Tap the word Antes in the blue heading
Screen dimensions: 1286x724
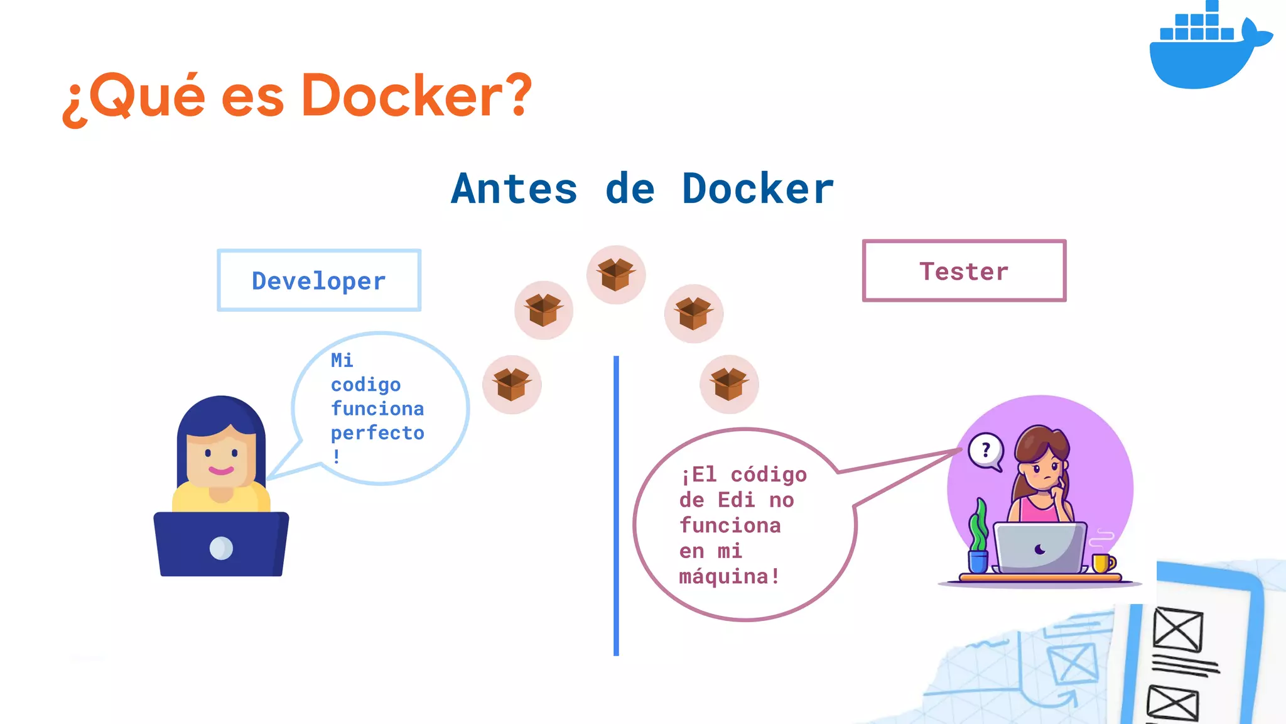[x=514, y=189]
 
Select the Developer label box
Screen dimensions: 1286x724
[x=319, y=280]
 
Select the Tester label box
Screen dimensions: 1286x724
[x=964, y=271]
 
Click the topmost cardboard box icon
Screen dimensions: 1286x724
[x=615, y=275]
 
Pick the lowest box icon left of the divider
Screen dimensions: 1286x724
[x=512, y=384]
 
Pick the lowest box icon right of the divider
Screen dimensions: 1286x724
[x=729, y=384]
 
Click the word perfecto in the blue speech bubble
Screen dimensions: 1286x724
[x=377, y=432]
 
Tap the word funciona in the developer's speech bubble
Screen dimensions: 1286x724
[x=377, y=409]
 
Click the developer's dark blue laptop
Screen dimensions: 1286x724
[x=221, y=544]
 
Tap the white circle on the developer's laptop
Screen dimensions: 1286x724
[x=221, y=548]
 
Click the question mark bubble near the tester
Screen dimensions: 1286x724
[x=985, y=451]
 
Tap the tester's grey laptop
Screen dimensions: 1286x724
[x=1040, y=548]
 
